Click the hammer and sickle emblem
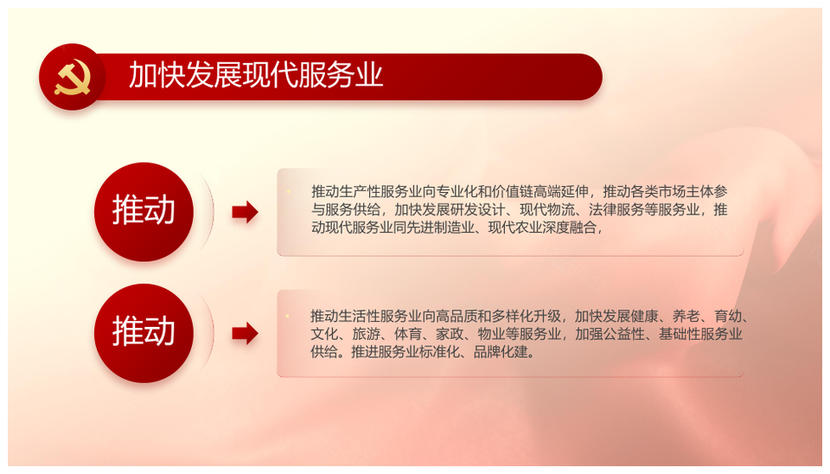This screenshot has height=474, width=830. [73, 77]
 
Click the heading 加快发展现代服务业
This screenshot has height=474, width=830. [256, 74]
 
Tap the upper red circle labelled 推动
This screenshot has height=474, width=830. [144, 212]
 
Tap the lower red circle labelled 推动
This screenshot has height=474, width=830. [144, 333]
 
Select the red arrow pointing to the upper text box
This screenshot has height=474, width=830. [245, 213]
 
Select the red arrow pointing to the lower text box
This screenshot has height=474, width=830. [245, 334]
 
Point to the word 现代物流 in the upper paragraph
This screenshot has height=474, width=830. [546, 209]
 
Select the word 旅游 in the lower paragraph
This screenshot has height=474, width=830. [366, 334]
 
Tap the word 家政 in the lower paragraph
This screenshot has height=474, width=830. [450, 334]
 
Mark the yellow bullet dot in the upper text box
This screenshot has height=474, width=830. [289, 191]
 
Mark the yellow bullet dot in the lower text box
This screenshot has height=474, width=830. [287, 317]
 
